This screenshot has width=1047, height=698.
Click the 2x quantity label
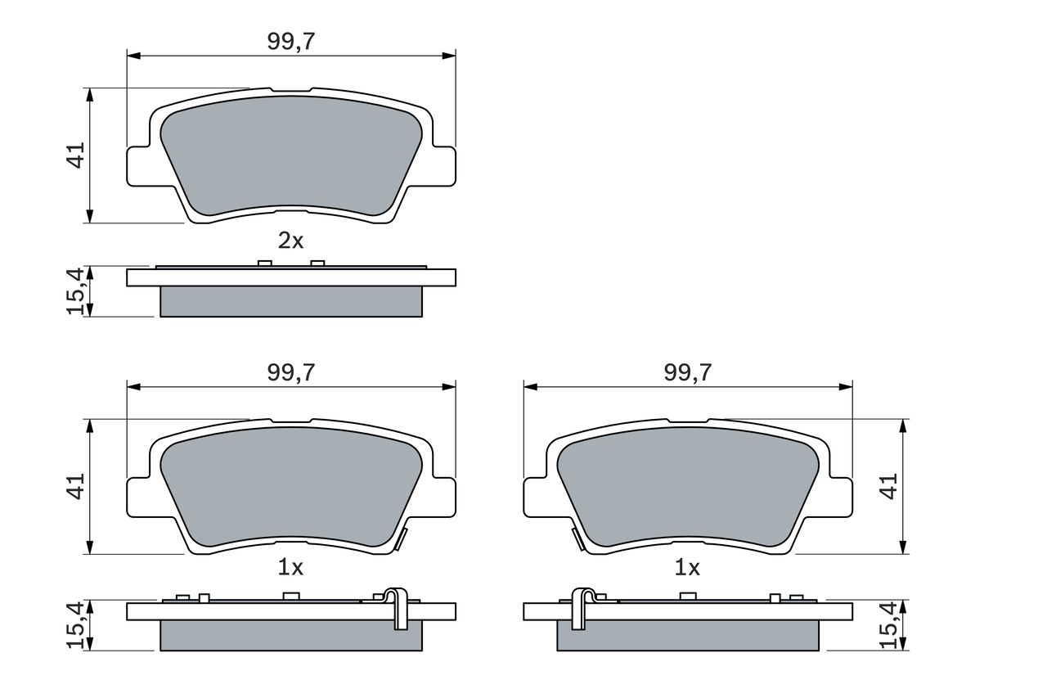(290, 241)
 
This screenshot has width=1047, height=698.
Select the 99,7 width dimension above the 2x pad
(290, 41)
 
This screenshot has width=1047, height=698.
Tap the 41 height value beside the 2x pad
(76, 155)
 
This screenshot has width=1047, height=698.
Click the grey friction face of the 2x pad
(290, 160)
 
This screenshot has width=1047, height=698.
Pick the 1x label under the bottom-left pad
(290, 567)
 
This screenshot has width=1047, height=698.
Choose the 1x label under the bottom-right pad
(687, 567)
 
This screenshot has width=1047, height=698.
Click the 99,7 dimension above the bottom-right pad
(687, 372)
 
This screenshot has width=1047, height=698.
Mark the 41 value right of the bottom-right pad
(890, 486)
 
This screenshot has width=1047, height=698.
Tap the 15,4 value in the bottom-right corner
(890, 626)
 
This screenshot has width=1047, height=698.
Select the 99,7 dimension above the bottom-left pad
(290, 372)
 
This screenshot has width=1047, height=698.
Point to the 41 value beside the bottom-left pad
(76, 486)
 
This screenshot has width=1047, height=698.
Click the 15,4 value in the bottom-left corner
(76, 626)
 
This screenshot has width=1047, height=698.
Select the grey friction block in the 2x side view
(290, 301)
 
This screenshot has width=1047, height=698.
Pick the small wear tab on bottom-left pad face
(400, 540)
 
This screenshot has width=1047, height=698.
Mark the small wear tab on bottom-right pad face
(577, 540)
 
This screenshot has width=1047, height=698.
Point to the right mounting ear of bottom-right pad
(841, 497)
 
